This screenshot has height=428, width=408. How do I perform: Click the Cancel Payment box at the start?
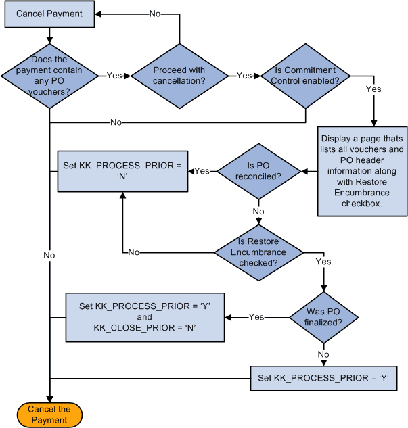(x=49, y=14)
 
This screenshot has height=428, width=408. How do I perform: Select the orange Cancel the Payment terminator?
(x=49, y=414)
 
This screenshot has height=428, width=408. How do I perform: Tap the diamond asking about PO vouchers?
(x=49, y=75)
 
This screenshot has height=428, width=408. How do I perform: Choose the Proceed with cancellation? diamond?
(x=179, y=75)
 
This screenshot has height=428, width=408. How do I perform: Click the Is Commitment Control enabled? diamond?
(x=305, y=75)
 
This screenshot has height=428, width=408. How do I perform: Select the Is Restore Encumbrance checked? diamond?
(x=258, y=252)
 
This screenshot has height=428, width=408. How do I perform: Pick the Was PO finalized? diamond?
(x=324, y=316)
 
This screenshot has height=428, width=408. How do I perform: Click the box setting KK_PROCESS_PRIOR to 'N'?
(x=122, y=172)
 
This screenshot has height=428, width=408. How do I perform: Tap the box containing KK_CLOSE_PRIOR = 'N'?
(x=144, y=316)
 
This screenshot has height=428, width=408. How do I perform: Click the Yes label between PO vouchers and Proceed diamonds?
(x=114, y=75)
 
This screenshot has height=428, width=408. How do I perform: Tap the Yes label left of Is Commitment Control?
(x=244, y=75)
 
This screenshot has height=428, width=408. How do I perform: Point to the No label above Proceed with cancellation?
(x=155, y=14)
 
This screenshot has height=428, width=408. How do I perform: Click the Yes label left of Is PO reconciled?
(x=202, y=172)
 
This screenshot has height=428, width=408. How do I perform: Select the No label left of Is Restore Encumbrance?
(x=133, y=252)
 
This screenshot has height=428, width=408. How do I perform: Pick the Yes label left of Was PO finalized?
(x=256, y=316)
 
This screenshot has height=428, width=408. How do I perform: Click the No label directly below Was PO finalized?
(x=324, y=353)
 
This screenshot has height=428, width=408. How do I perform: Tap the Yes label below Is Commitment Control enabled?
(x=373, y=89)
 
